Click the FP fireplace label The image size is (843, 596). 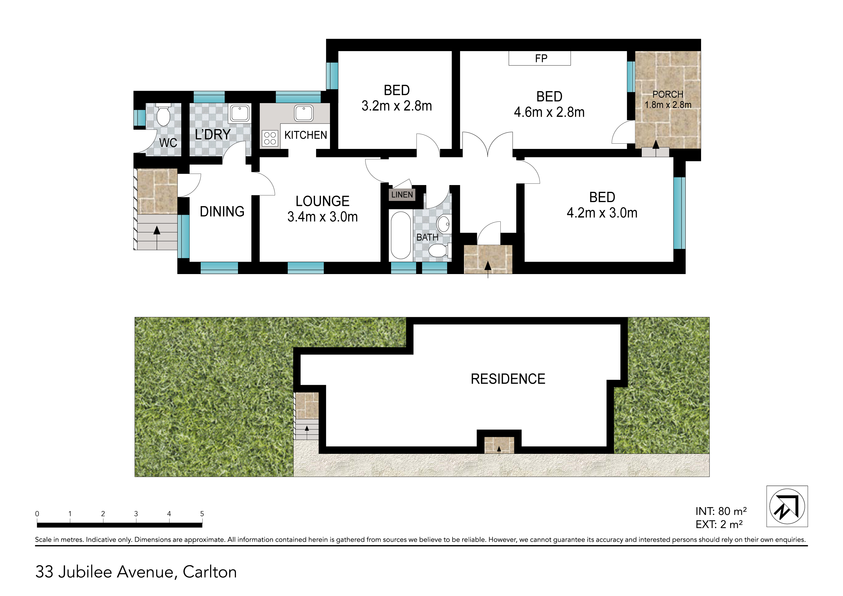(541, 58)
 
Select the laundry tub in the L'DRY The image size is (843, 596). (239, 113)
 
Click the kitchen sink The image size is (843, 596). (304, 113)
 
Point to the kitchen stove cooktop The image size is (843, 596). (270, 138)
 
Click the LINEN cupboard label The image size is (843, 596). (402, 194)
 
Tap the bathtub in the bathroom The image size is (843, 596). (400, 235)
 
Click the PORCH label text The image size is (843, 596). (668, 94)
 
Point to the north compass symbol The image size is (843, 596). (787, 506)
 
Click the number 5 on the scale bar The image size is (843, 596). (202, 514)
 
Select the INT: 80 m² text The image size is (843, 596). (721, 511)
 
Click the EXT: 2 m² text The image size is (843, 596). (719, 524)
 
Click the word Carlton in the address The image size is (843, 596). (210, 572)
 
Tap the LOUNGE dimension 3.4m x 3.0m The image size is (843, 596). (322, 217)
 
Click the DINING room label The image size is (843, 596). (222, 211)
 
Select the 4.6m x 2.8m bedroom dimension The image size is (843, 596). (549, 112)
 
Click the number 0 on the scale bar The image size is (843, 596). (37, 514)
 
